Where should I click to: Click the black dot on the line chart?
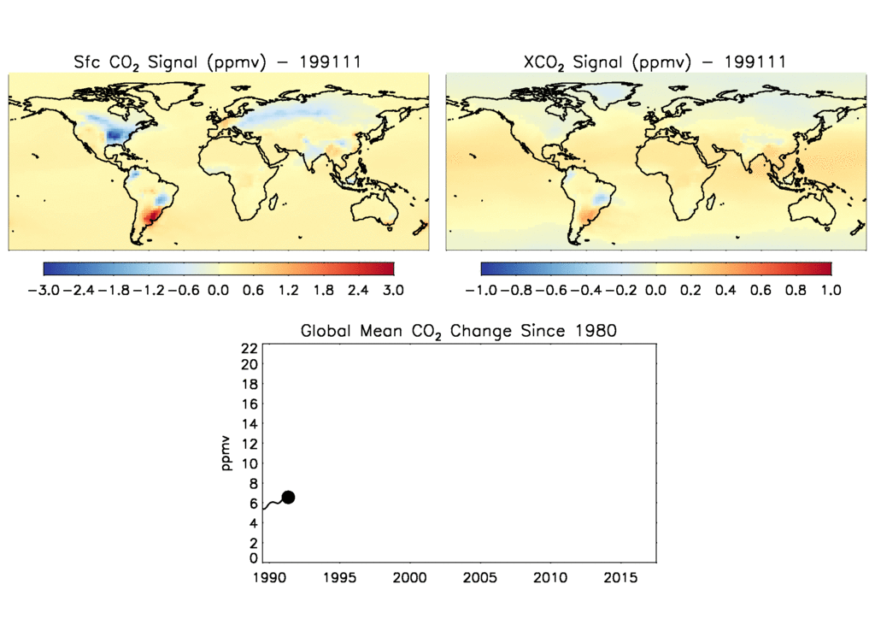(x=288, y=498)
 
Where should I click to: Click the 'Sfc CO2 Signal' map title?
(x=217, y=62)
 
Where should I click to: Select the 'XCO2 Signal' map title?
(x=655, y=62)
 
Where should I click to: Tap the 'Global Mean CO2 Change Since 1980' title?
(x=458, y=331)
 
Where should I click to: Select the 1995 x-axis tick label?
(x=339, y=578)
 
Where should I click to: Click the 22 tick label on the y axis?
(x=250, y=348)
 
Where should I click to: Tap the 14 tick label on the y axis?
(x=250, y=424)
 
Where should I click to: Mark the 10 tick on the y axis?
(x=250, y=463)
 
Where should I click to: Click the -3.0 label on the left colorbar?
(x=43, y=290)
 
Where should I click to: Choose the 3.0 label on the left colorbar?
(x=393, y=290)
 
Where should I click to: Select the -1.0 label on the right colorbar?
(x=481, y=290)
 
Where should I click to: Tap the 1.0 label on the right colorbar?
(x=831, y=290)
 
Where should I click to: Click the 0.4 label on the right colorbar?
(x=726, y=290)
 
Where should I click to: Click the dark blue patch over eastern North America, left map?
(x=115, y=134)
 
